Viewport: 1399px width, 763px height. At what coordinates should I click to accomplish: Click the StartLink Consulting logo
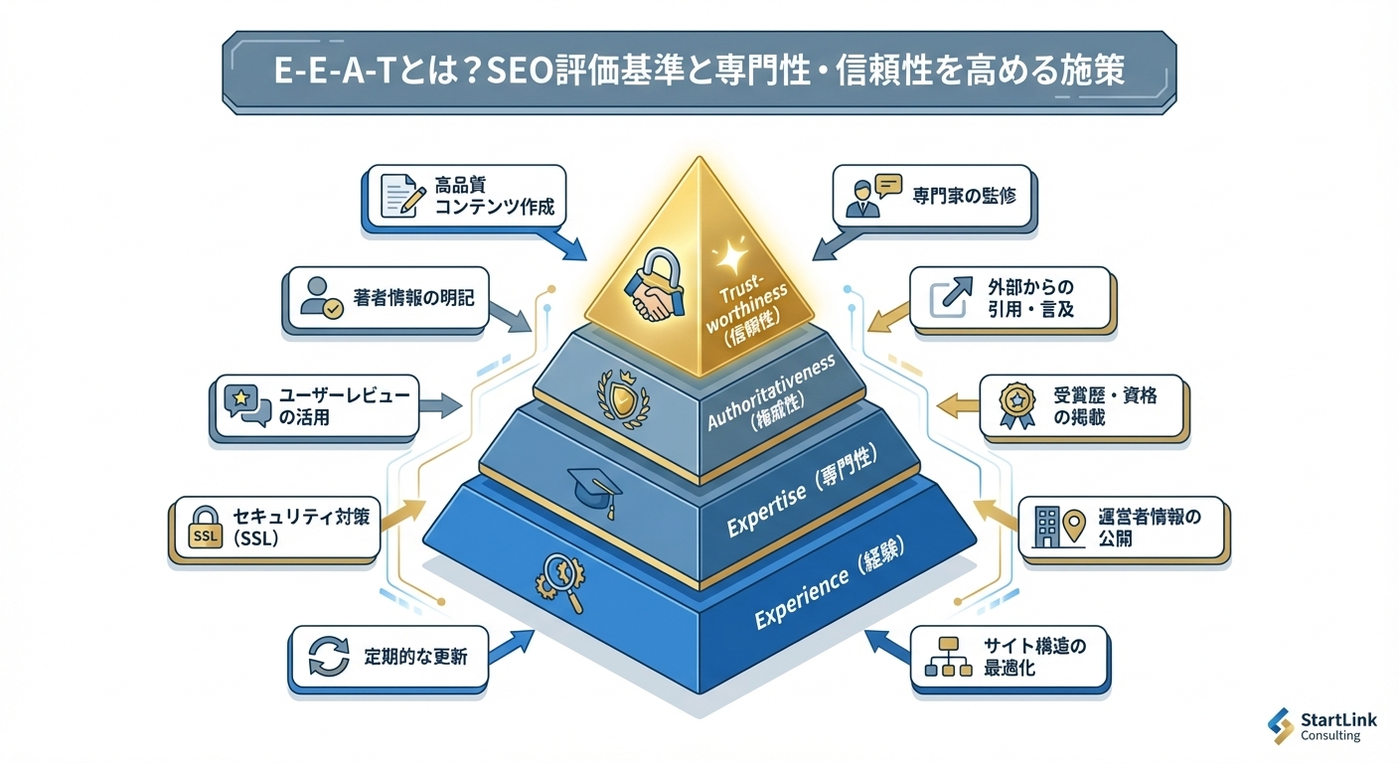tap(1322, 726)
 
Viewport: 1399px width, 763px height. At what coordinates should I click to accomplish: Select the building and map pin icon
tap(1056, 527)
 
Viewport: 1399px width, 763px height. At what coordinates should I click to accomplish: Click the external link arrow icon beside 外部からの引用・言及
tap(946, 298)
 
